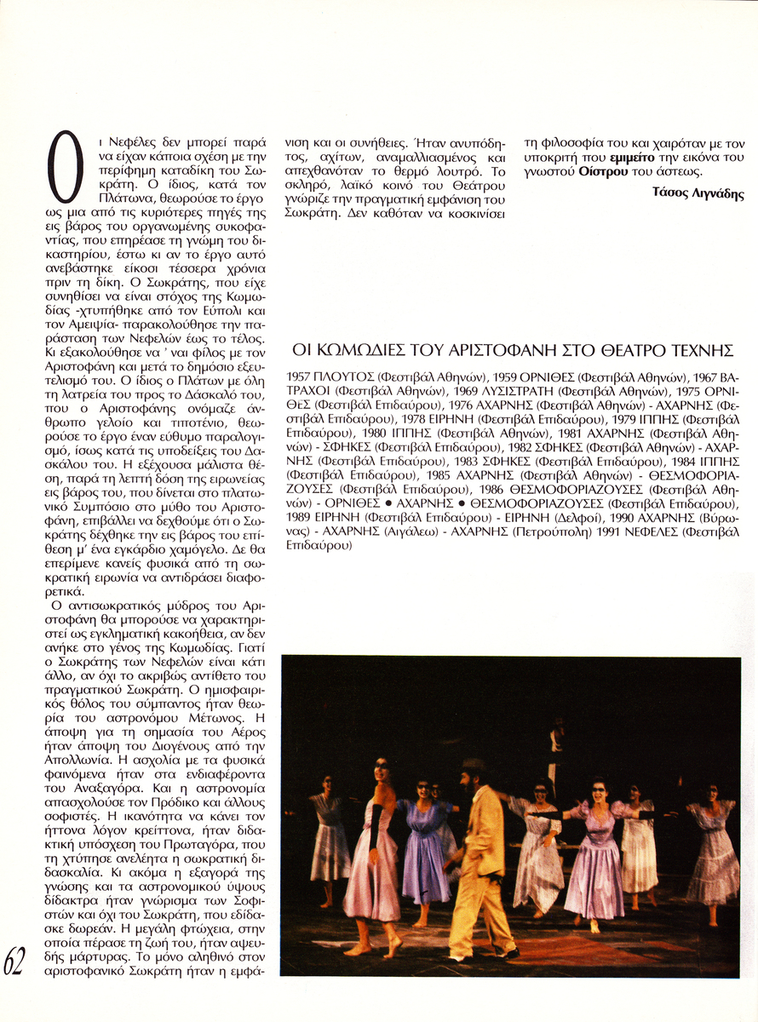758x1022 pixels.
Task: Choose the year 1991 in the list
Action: click(628, 533)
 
